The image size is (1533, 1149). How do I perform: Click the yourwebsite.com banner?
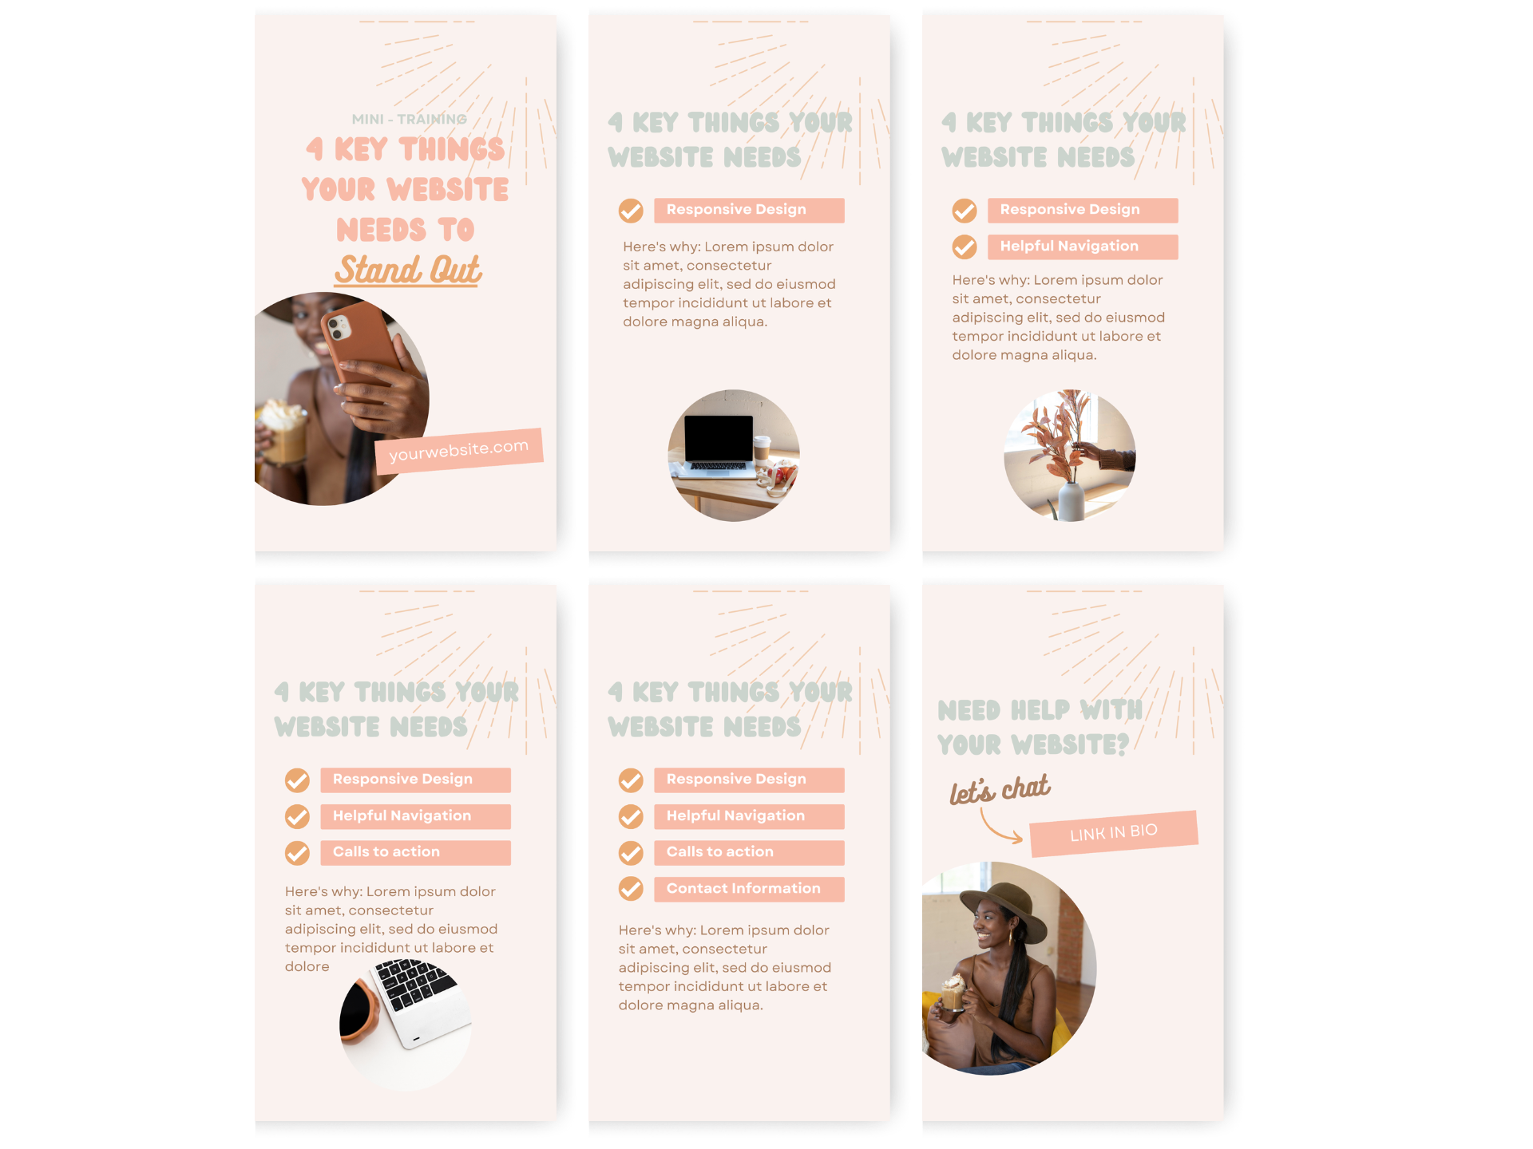point(459,451)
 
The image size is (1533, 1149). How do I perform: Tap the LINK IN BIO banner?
point(1114,834)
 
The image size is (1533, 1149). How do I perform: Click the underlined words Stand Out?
point(408,270)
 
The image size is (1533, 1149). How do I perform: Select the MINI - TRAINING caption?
point(409,119)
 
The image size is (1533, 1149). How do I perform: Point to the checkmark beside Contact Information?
point(631,889)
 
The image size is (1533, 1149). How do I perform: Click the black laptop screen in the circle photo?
point(719,437)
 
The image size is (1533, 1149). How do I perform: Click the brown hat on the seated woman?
point(1004,910)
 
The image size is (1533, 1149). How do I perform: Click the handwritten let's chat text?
point(1000,789)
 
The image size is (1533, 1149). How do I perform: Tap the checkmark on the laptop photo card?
point(631,211)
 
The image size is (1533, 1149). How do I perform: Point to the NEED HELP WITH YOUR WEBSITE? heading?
point(1040,727)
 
